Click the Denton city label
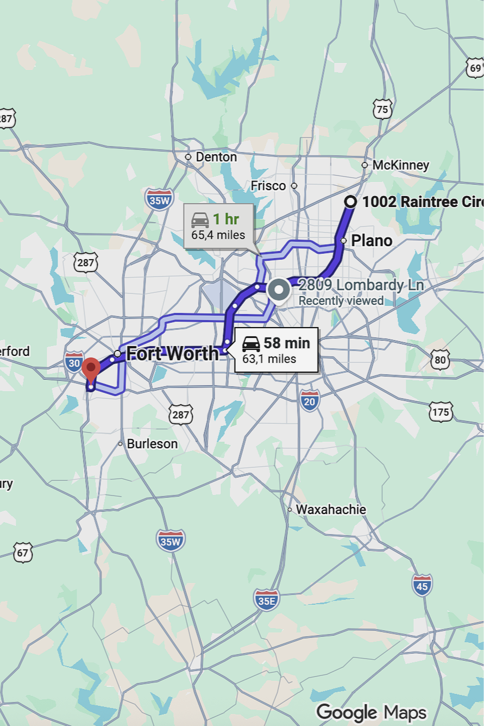tap(216, 157)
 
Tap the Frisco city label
tap(268, 186)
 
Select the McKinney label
tap(400, 165)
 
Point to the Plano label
tap(372, 240)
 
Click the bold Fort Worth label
tap(172, 354)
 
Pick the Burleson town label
tap(152, 444)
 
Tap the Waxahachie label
tap(331, 510)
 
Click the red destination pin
tap(91, 369)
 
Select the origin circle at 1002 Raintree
tap(351, 202)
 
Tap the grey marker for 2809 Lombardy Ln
tap(279, 290)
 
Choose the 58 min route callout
tap(276, 350)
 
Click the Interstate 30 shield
tap(74, 361)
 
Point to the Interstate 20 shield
tap(309, 400)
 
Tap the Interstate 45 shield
tap(422, 585)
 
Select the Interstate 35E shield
tap(267, 599)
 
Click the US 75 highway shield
tap(382, 109)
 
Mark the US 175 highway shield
tap(440, 411)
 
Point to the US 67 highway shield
tap(23, 552)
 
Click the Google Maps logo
tap(372, 712)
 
